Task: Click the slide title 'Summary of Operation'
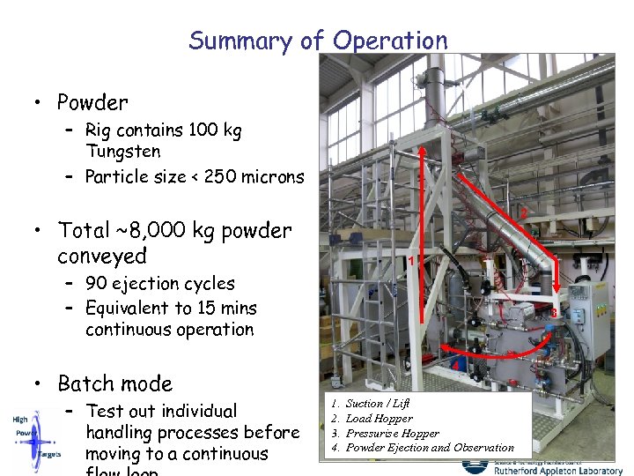318,41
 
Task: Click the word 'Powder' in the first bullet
92,102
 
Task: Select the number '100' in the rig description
203,130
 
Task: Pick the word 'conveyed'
102,257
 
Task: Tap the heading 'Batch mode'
114,383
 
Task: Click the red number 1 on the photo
410,260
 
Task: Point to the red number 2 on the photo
523,213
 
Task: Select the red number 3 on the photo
554,313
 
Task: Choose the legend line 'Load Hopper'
379,418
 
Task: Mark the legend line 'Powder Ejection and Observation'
429,447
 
